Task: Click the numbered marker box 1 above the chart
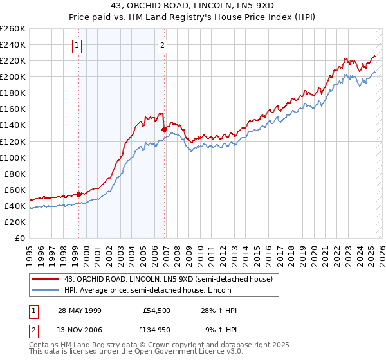[x=77, y=45]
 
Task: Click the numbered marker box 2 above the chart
[x=162, y=45]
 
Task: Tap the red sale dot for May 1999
[x=78, y=194]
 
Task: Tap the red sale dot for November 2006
[x=164, y=129]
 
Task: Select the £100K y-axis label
[x=13, y=157]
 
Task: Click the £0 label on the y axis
[x=19, y=238]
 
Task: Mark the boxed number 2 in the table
[x=33, y=330]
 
